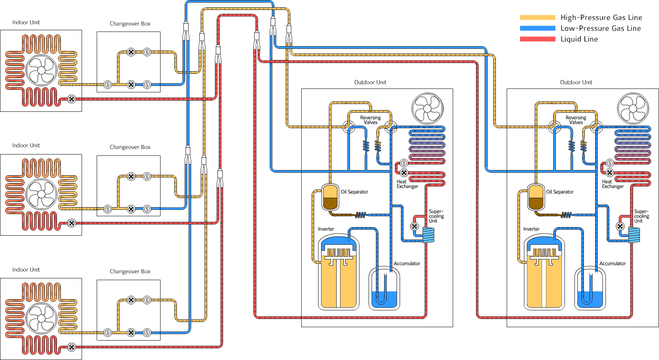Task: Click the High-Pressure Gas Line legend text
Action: click(601, 18)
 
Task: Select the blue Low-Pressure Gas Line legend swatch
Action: click(537, 28)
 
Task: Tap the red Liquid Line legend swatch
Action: click(537, 39)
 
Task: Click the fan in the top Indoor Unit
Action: click(41, 70)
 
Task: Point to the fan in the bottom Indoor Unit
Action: click(41, 319)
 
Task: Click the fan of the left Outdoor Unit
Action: click(427, 108)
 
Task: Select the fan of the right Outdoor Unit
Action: click(633, 108)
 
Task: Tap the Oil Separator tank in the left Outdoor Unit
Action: click(330, 197)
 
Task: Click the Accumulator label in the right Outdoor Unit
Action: click(612, 263)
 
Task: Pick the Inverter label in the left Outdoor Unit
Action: click(326, 229)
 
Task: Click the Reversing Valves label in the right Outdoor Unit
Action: click(576, 120)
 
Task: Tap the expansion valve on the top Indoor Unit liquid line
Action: click(72, 99)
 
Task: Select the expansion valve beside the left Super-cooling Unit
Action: click(414, 226)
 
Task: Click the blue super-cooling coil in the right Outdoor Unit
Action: click(634, 235)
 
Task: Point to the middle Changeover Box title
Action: click(130, 147)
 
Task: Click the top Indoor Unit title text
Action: click(26, 22)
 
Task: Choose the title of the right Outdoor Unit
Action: click(576, 82)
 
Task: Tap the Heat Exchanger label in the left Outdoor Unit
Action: click(407, 184)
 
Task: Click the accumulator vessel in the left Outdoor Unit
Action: click(385, 288)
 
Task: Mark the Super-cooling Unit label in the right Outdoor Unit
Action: click(641, 216)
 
